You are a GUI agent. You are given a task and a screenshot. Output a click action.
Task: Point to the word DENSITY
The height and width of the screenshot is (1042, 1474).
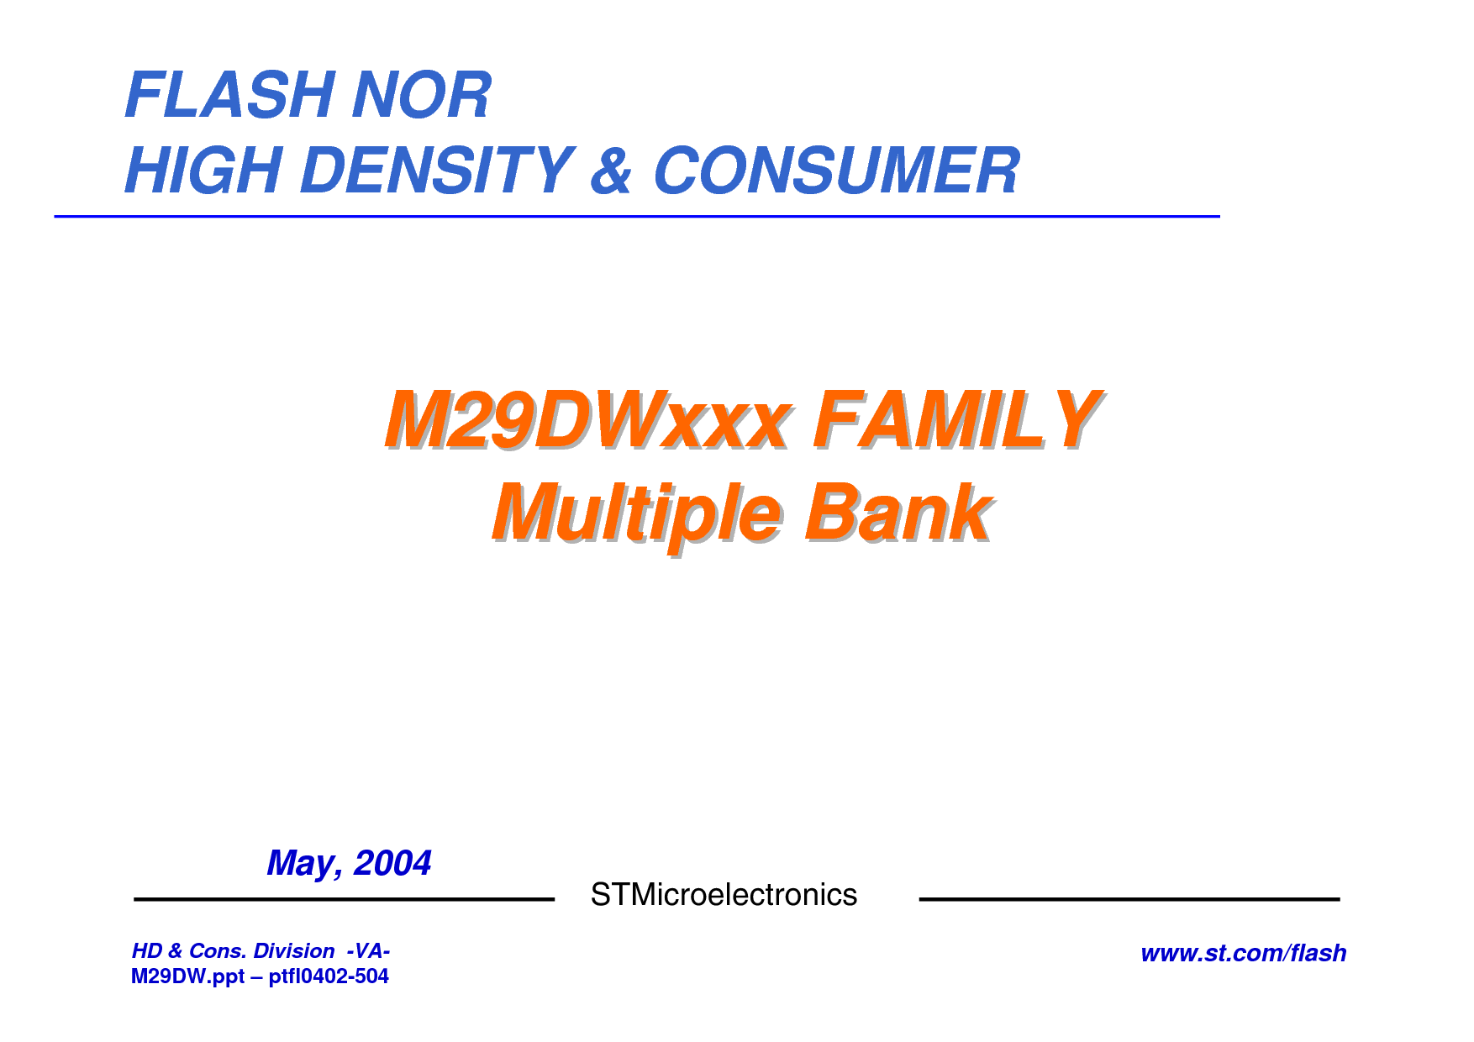pyautogui.click(x=437, y=170)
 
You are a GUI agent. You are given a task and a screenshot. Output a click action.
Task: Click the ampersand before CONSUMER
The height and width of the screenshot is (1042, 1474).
pyautogui.click(x=611, y=170)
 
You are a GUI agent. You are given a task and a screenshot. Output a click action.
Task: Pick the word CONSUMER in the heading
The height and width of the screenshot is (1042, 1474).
pyautogui.click(x=836, y=170)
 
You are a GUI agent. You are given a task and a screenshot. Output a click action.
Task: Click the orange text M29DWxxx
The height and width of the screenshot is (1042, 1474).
pyautogui.click(x=588, y=420)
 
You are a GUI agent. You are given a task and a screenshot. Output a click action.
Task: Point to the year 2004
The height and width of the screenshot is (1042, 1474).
pyautogui.click(x=392, y=863)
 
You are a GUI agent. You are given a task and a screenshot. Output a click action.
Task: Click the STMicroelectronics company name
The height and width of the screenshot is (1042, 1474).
pyautogui.click(x=724, y=895)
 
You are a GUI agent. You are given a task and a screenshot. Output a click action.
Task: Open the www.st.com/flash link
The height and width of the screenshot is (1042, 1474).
pyautogui.click(x=1244, y=953)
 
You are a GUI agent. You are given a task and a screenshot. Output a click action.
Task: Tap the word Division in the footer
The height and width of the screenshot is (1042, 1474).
pyautogui.click(x=294, y=950)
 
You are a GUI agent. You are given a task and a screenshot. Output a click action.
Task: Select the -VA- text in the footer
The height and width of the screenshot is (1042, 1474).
pyautogui.click(x=368, y=950)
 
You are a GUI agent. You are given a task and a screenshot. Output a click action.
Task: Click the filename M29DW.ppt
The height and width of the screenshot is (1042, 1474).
pyautogui.click(x=187, y=976)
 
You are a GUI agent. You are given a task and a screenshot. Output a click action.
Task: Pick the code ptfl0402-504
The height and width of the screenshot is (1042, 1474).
pyautogui.click(x=329, y=976)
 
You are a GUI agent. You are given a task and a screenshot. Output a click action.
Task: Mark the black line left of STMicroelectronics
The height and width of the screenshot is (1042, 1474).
pyautogui.click(x=345, y=899)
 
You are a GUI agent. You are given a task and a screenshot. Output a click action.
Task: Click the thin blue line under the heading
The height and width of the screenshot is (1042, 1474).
pyautogui.click(x=637, y=216)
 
